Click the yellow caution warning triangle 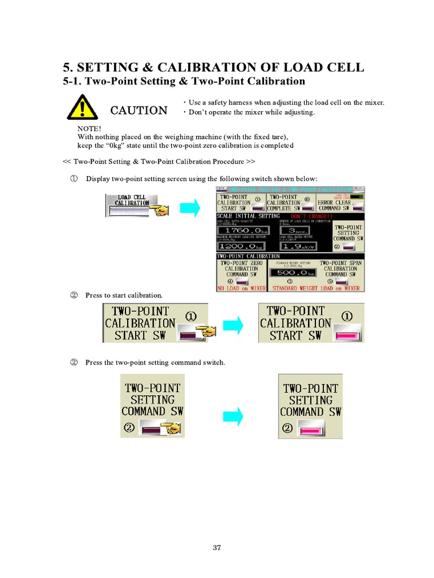click(x=82, y=107)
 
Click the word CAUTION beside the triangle click(x=138, y=110)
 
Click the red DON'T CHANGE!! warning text click(x=310, y=216)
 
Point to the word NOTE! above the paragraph click(x=89, y=129)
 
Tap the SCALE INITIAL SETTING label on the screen click(x=249, y=216)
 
